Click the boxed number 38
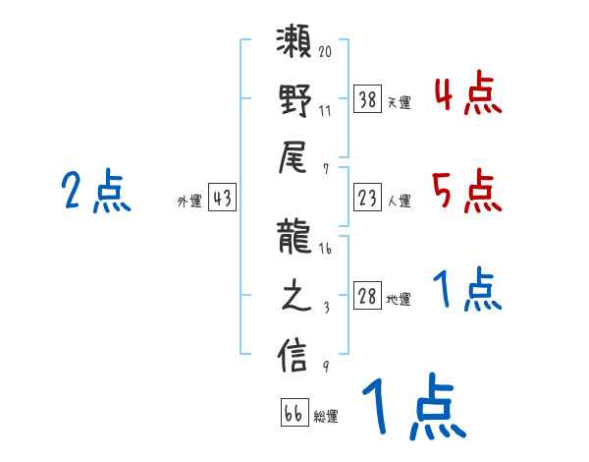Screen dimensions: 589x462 tap(368, 98)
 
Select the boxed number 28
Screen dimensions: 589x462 tap(368, 297)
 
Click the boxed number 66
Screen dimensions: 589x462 tap(294, 413)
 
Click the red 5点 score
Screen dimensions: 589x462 tap(467, 191)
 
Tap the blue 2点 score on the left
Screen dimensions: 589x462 tap(94, 191)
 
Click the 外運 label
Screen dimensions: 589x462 tap(189, 202)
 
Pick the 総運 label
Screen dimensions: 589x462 tap(326, 417)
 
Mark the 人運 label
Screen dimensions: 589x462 tap(399, 202)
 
